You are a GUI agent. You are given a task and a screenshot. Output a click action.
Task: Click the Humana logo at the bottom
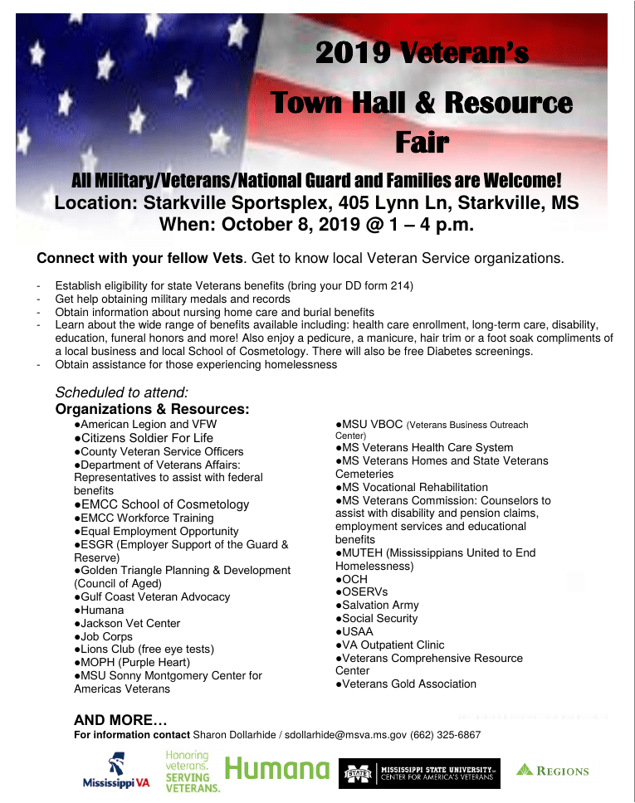click(277, 771)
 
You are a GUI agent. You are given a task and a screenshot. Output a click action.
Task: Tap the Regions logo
click(553, 771)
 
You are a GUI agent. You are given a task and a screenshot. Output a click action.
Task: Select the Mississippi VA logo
click(115, 771)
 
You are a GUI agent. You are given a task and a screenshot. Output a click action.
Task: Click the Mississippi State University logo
click(419, 773)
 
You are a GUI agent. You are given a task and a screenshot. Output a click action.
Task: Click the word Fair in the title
click(422, 143)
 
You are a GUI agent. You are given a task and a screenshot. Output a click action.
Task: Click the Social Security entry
click(377, 619)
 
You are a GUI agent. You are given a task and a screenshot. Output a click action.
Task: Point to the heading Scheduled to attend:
click(122, 392)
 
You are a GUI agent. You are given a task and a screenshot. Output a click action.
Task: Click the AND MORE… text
click(120, 720)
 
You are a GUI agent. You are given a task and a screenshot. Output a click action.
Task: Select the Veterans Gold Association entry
click(407, 684)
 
